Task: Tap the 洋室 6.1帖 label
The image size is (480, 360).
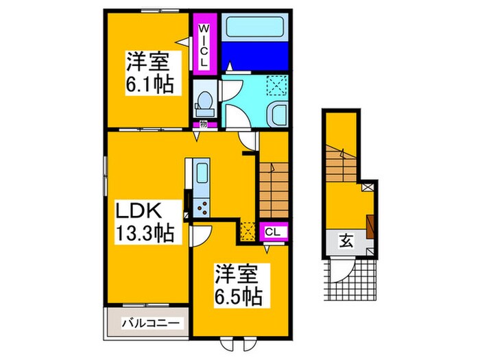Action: click(x=147, y=74)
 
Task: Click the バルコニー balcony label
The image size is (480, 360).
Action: click(x=151, y=322)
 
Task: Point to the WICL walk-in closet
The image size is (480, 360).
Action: click(x=204, y=43)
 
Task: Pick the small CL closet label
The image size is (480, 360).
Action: click(x=272, y=232)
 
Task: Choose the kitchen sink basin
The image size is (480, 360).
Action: click(x=202, y=172)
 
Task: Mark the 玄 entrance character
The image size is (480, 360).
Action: click(x=346, y=241)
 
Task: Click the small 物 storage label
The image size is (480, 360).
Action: click(x=204, y=125)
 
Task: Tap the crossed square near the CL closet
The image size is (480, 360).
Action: click(x=248, y=232)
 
